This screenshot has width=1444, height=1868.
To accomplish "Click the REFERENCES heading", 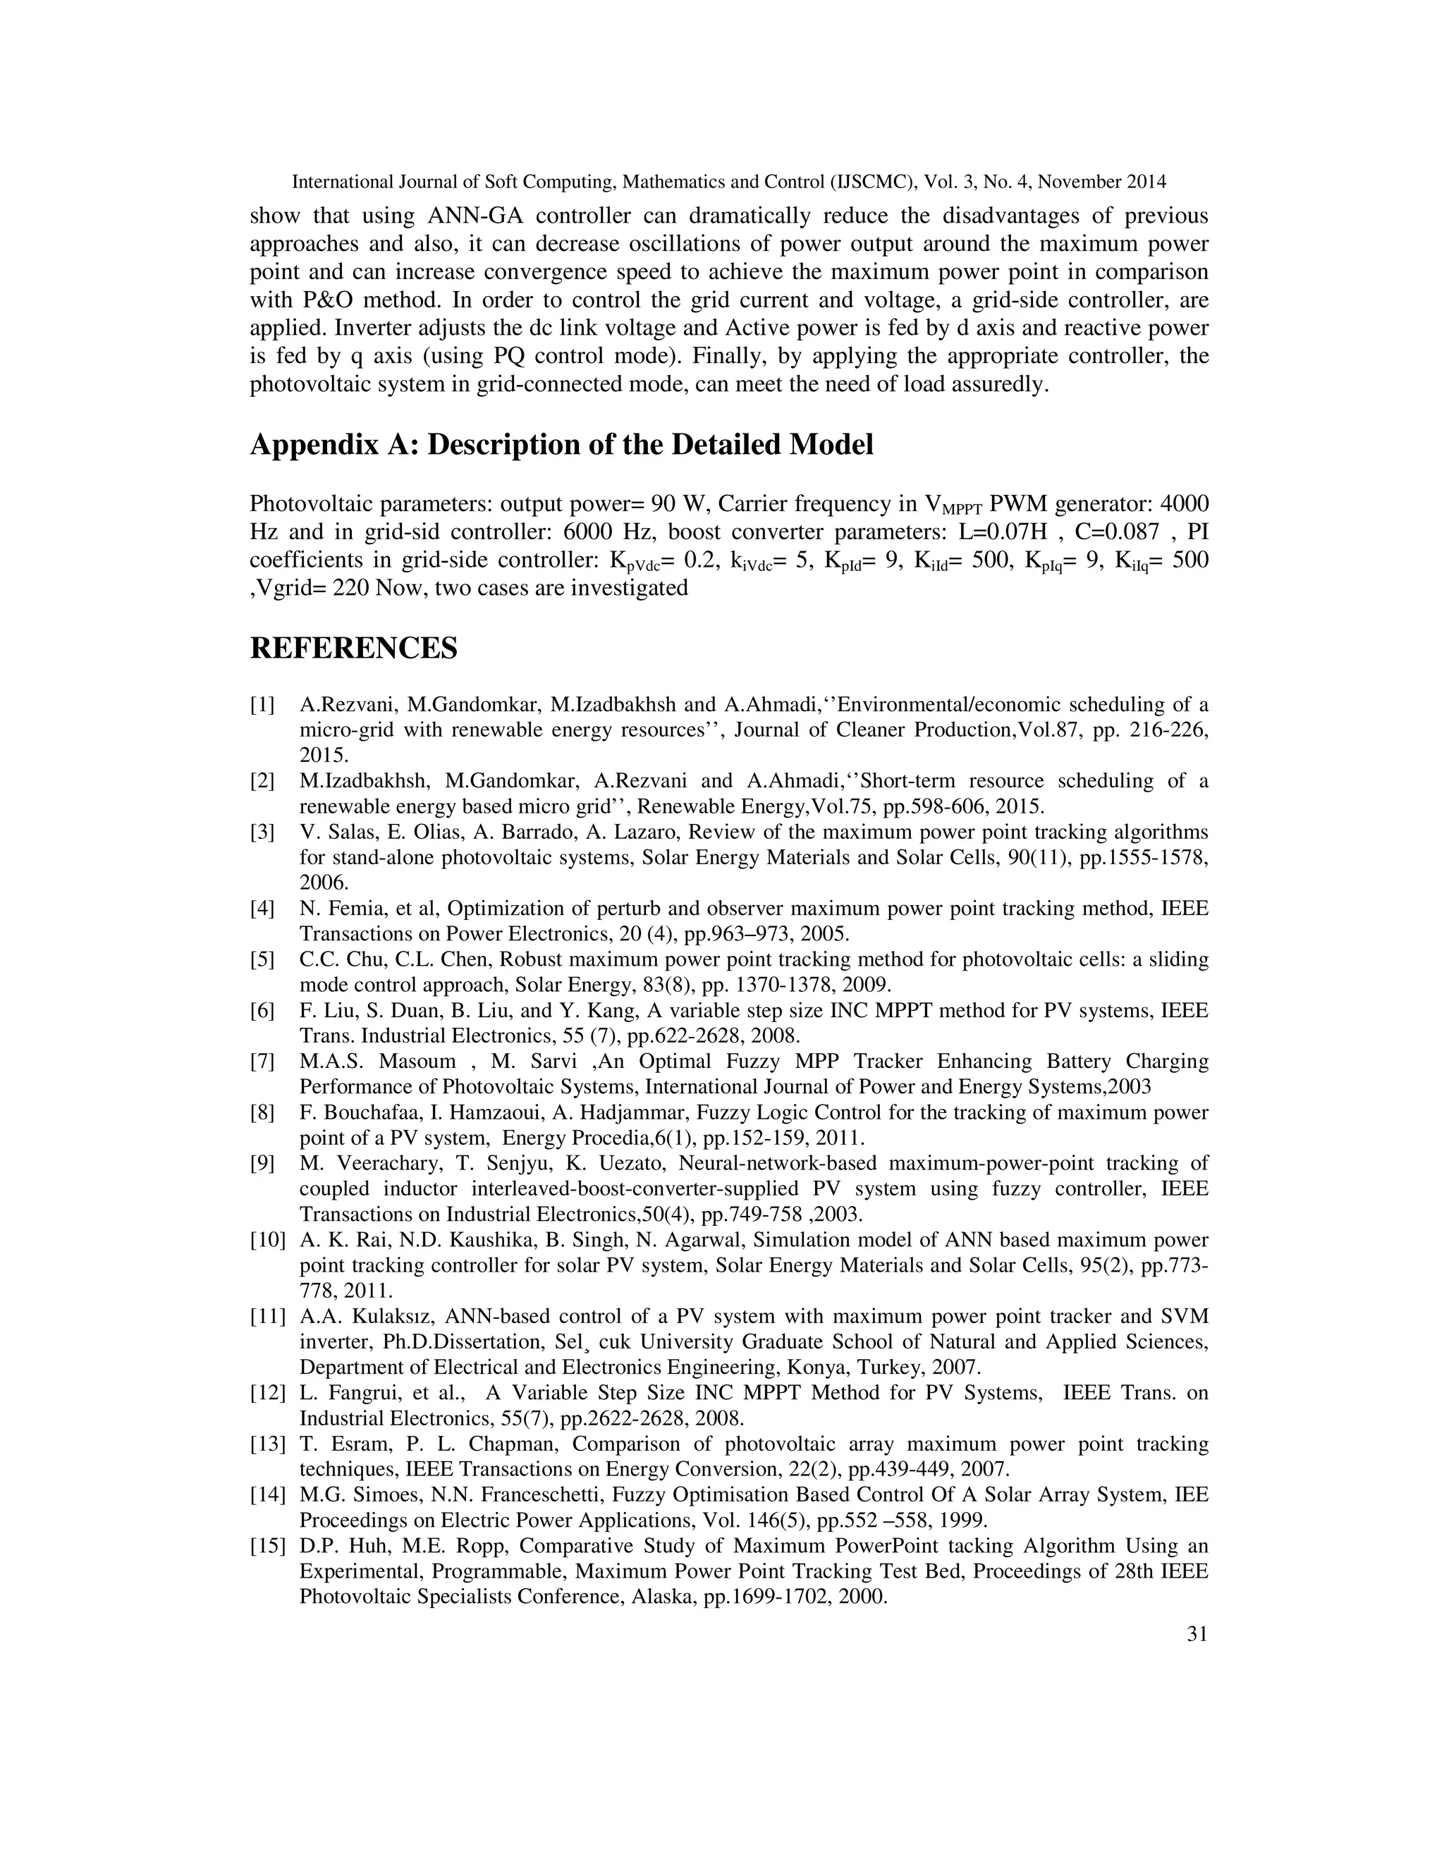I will [353, 649].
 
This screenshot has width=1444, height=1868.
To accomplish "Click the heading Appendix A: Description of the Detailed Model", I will [561, 445].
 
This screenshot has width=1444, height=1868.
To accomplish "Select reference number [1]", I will [262, 706].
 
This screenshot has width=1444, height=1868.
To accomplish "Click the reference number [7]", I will [262, 1062].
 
